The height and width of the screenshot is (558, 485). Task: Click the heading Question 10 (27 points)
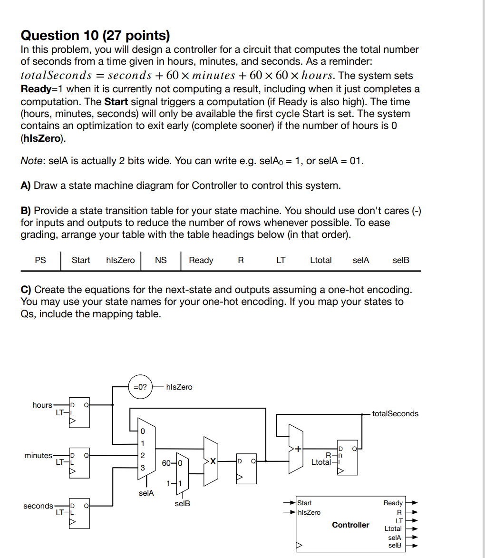(95, 35)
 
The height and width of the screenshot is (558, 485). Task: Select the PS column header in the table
(40, 260)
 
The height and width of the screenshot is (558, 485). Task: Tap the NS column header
(161, 260)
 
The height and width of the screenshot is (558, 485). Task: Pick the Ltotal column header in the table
(320, 260)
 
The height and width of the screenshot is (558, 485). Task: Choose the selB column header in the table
(401, 260)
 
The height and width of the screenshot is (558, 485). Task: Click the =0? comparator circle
(140, 387)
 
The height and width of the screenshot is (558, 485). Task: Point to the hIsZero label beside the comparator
(179, 387)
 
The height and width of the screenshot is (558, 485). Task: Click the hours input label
(42, 405)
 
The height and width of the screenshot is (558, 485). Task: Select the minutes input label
(38, 455)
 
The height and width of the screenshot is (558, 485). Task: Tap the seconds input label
(38, 506)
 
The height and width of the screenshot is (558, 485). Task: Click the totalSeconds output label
(395, 414)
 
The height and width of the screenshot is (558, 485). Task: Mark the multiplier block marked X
(212, 461)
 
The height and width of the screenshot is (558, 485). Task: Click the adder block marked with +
(298, 449)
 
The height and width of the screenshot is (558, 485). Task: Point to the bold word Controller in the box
(350, 525)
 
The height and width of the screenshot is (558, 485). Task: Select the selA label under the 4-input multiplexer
(145, 493)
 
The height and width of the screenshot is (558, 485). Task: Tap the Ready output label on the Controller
(393, 503)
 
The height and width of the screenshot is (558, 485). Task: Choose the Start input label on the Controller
(304, 503)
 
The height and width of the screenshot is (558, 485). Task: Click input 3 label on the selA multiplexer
(142, 468)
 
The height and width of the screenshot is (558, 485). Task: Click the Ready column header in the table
(201, 260)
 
